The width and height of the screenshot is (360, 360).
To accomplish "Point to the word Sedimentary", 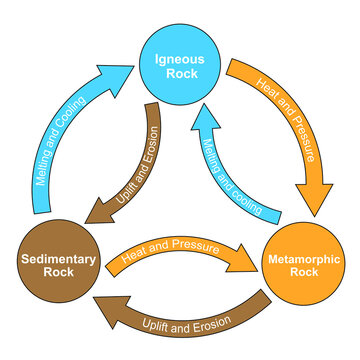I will [57, 256].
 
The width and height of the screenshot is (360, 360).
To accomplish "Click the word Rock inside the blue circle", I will [179, 75].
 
